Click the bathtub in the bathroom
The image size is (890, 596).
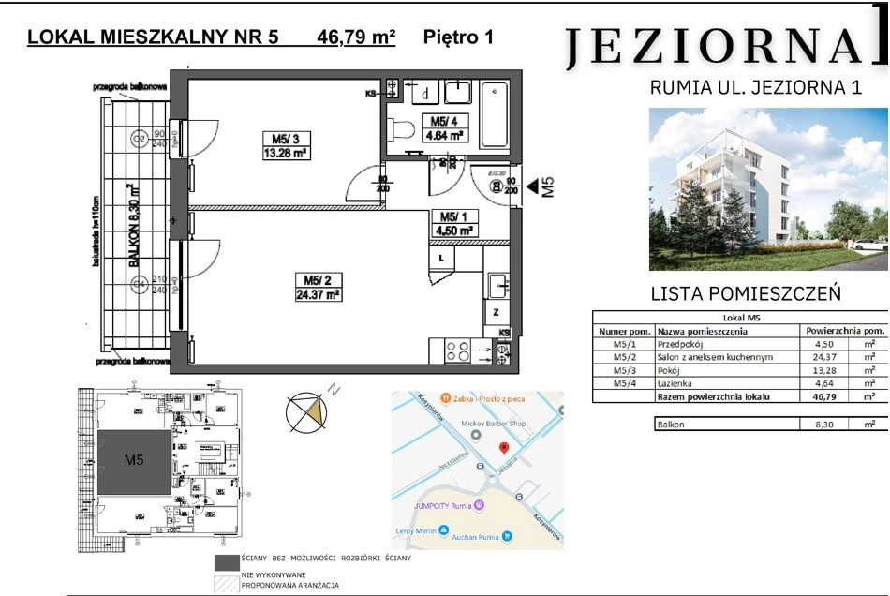click(494, 113)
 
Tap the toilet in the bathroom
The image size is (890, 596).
click(406, 131)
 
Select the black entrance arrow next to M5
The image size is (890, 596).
click(530, 186)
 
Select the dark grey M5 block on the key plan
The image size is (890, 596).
click(135, 461)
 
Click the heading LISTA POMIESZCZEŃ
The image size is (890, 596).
click(746, 293)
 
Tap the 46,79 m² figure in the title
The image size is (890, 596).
click(357, 38)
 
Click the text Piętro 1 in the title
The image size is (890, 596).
click(458, 38)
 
